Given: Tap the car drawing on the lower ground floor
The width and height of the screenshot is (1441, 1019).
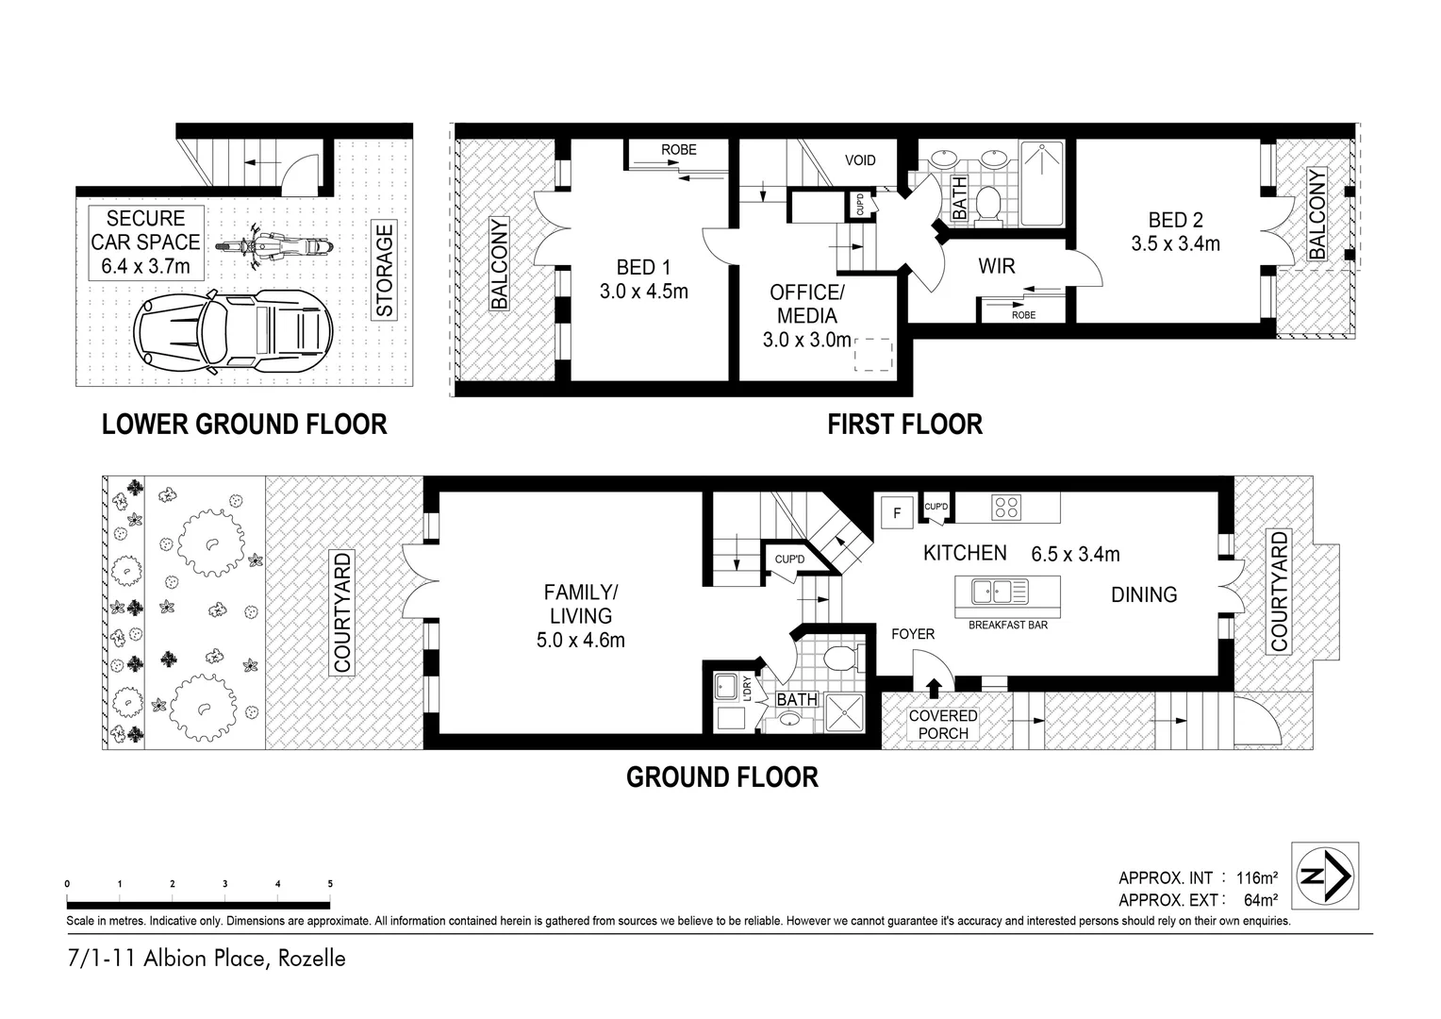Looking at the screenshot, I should pyautogui.click(x=233, y=329).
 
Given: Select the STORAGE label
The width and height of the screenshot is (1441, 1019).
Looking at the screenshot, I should pyautogui.click(x=385, y=270).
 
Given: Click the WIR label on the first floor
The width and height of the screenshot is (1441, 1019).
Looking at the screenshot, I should pyautogui.click(x=996, y=266).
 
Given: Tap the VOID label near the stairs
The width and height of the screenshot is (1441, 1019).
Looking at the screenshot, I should pyautogui.click(x=859, y=160).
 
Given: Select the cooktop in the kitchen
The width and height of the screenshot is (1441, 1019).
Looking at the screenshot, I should pyautogui.click(x=1006, y=508).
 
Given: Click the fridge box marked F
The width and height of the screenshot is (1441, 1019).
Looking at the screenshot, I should pyautogui.click(x=897, y=513).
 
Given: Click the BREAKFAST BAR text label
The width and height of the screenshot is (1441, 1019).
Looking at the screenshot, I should pyautogui.click(x=1007, y=625).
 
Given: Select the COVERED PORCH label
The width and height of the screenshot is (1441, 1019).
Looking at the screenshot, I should pyautogui.click(x=943, y=725).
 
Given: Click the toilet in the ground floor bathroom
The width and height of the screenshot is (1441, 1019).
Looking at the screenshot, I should pyautogui.click(x=838, y=658).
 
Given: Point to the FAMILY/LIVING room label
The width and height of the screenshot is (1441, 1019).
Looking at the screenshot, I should pyautogui.click(x=580, y=616).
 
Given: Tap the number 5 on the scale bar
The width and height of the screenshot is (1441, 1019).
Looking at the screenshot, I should pyautogui.click(x=330, y=884).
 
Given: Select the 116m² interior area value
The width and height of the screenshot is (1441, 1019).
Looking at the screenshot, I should pyautogui.click(x=1256, y=878).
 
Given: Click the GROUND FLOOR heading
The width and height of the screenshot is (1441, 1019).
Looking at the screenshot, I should pyautogui.click(x=722, y=777).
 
